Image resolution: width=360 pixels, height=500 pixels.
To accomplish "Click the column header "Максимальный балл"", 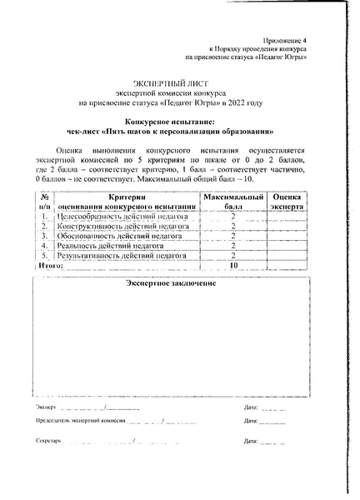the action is pyautogui.click(x=233, y=201).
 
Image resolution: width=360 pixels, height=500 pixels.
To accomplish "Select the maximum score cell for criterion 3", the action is pyautogui.click(x=233, y=236).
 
